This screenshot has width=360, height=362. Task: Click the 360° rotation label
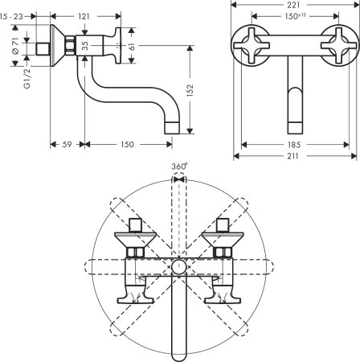tap(180, 167)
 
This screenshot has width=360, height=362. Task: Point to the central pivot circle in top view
tap(180, 265)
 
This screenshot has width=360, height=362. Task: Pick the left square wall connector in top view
tap(135, 224)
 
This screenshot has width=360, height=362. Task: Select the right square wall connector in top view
tap(225, 224)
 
